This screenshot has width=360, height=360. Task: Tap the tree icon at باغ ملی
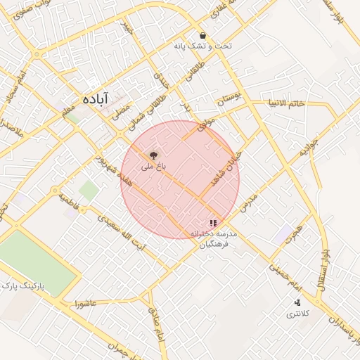tap(153, 155)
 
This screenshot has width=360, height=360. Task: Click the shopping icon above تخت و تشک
tap(203, 35)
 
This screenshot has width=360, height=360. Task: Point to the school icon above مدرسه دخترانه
tap(213, 223)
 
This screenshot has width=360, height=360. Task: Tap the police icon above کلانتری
tap(297, 302)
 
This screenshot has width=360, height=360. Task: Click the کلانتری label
tap(296, 314)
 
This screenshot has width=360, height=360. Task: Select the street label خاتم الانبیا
tap(285, 104)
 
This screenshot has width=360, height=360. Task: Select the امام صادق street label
tap(155, 325)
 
